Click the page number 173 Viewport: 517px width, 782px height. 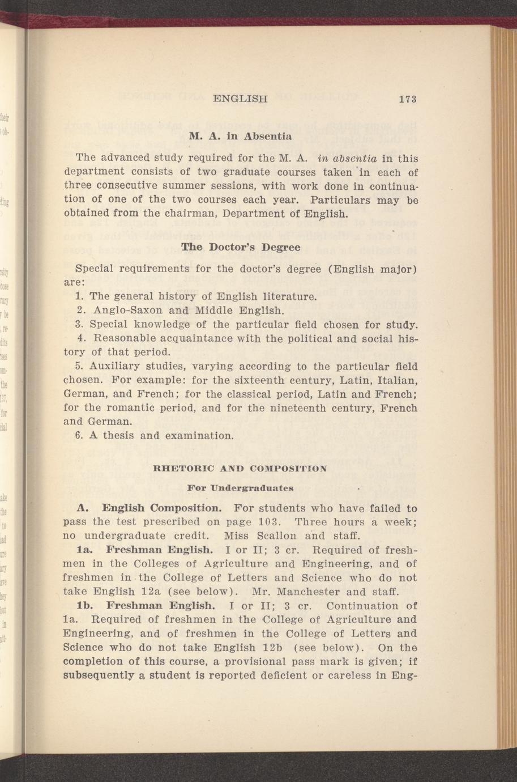407,99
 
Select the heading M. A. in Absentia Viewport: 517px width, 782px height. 241,136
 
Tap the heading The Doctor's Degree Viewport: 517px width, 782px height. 240,248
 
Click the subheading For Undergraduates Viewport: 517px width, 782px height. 240,487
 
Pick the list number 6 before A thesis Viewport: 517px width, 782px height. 78,436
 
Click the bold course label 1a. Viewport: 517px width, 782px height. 84,550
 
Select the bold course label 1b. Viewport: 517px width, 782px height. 84,606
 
